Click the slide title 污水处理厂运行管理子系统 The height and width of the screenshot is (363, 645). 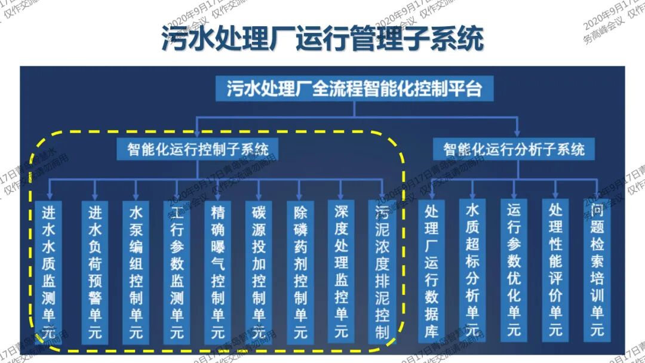(x=322, y=38)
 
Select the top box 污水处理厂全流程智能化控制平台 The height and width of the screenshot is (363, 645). (x=354, y=90)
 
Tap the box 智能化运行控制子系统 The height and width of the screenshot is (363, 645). (x=198, y=148)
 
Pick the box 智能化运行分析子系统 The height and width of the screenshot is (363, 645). (x=514, y=148)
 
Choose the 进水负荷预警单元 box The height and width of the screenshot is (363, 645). (x=95, y=272)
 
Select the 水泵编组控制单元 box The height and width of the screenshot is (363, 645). (x=136, y=272)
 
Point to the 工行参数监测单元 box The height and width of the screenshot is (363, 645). (x=177, y=272)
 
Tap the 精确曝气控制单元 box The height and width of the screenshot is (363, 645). (x=217, y=272)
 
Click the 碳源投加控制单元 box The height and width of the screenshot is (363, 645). (x=259, y=272)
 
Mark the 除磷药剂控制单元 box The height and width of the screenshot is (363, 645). (x=300, y=272)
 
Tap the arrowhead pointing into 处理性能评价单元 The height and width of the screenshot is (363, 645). (x=555, y=195)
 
